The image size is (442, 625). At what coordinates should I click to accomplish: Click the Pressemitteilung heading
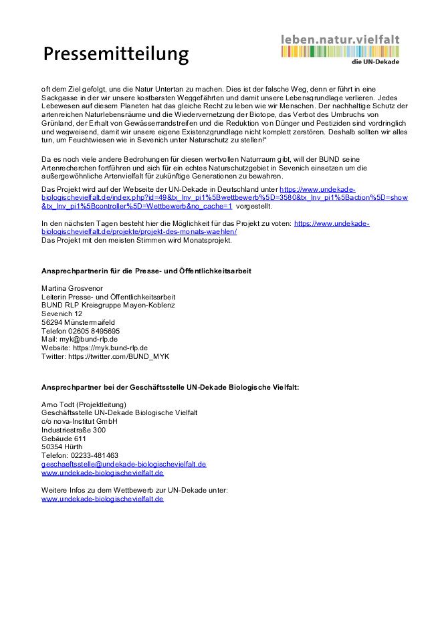[116, 53]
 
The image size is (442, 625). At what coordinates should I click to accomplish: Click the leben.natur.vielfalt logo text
[340, 39]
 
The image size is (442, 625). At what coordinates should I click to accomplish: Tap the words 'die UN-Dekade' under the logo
[375, 62]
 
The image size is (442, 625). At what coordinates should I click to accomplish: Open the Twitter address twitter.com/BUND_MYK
[121, 357]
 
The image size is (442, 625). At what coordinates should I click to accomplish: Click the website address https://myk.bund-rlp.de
[110, 348]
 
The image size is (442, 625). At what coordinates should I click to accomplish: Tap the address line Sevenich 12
[62, 314]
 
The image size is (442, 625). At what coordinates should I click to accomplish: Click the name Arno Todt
[58, 404]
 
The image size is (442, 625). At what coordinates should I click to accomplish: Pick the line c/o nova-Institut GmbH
[80, 422]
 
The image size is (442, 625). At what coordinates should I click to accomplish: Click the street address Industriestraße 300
[74, 430]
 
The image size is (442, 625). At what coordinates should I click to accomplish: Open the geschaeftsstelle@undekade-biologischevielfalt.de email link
[124, 464]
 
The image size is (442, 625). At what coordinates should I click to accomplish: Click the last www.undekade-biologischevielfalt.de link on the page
[102, 499]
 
